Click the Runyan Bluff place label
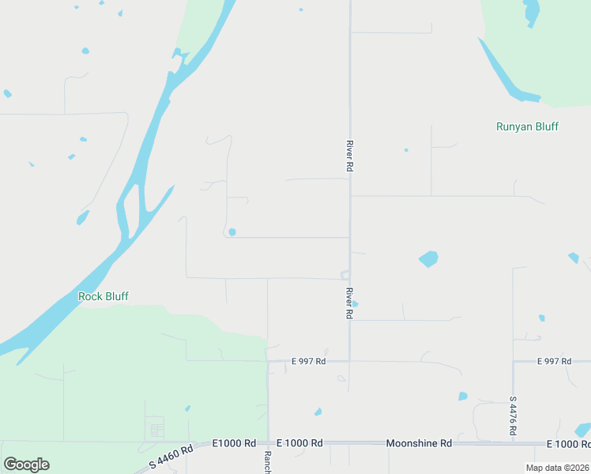pyautogui.click(x=527, y=126)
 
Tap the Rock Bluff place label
pyautogui.click(x=103, y=296)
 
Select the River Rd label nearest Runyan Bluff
pyautogui.click(x=348, y=156)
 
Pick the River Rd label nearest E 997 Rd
pyautogui.click(x=348, y=303)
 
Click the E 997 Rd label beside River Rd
pyautogui.click(x=308, y=361)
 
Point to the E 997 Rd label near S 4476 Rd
pyautogui.click(x=553, y=361)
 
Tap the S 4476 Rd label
pyautogui.click(x=513, y=416)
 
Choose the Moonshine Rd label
pyautogui.click(x=419, y=443)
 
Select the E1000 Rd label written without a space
pyautogui.click(x=235, y=443)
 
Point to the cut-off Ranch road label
pyautogui.click(x=268, y=462)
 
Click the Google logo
pyautogui.click(x=26, y=465)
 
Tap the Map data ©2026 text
pyautogui.click(x=556, y=468)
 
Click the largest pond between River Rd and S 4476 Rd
pyautogui.click(x=428, y=258)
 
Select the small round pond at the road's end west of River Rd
pyautogui.click(x=232, y=231)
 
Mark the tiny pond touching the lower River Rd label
pyautogui.click(x=355, y=303)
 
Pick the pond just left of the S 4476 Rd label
pyautogui.click(x=463, y=396)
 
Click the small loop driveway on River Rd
pyautogui.click(x=345, y=274)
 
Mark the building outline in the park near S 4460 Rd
pyautogui.click(x=156, y=430)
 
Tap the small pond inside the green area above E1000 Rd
pyautogui.click(x=187, y=408)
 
